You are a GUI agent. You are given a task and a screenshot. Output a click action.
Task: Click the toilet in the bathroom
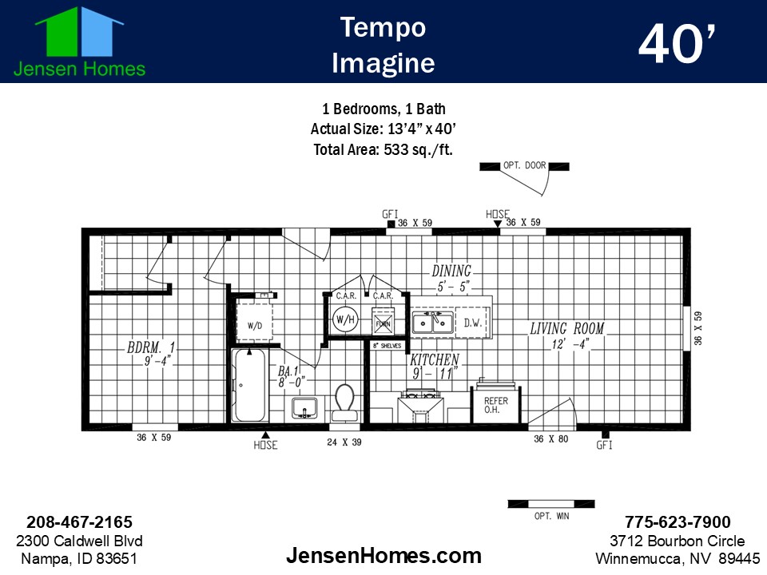[345, 402]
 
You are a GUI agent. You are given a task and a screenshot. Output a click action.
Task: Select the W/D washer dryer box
[255, 325]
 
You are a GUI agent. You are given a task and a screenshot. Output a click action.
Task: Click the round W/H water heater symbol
[344, 321]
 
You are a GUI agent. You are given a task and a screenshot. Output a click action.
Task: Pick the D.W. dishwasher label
[471, 322]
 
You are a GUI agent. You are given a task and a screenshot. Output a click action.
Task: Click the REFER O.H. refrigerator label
[491, 405]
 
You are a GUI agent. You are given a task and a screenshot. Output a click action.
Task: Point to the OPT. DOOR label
[524, 166]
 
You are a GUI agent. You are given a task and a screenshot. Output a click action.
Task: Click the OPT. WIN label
[551, 517]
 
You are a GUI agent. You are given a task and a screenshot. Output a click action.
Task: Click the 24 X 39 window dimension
[344, 441]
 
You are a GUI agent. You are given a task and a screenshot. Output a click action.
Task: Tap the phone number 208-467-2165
[79, 522]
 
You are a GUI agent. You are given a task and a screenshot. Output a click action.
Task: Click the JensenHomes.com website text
[383, 555]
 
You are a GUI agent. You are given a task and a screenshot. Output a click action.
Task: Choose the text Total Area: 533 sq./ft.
[383, 149]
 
